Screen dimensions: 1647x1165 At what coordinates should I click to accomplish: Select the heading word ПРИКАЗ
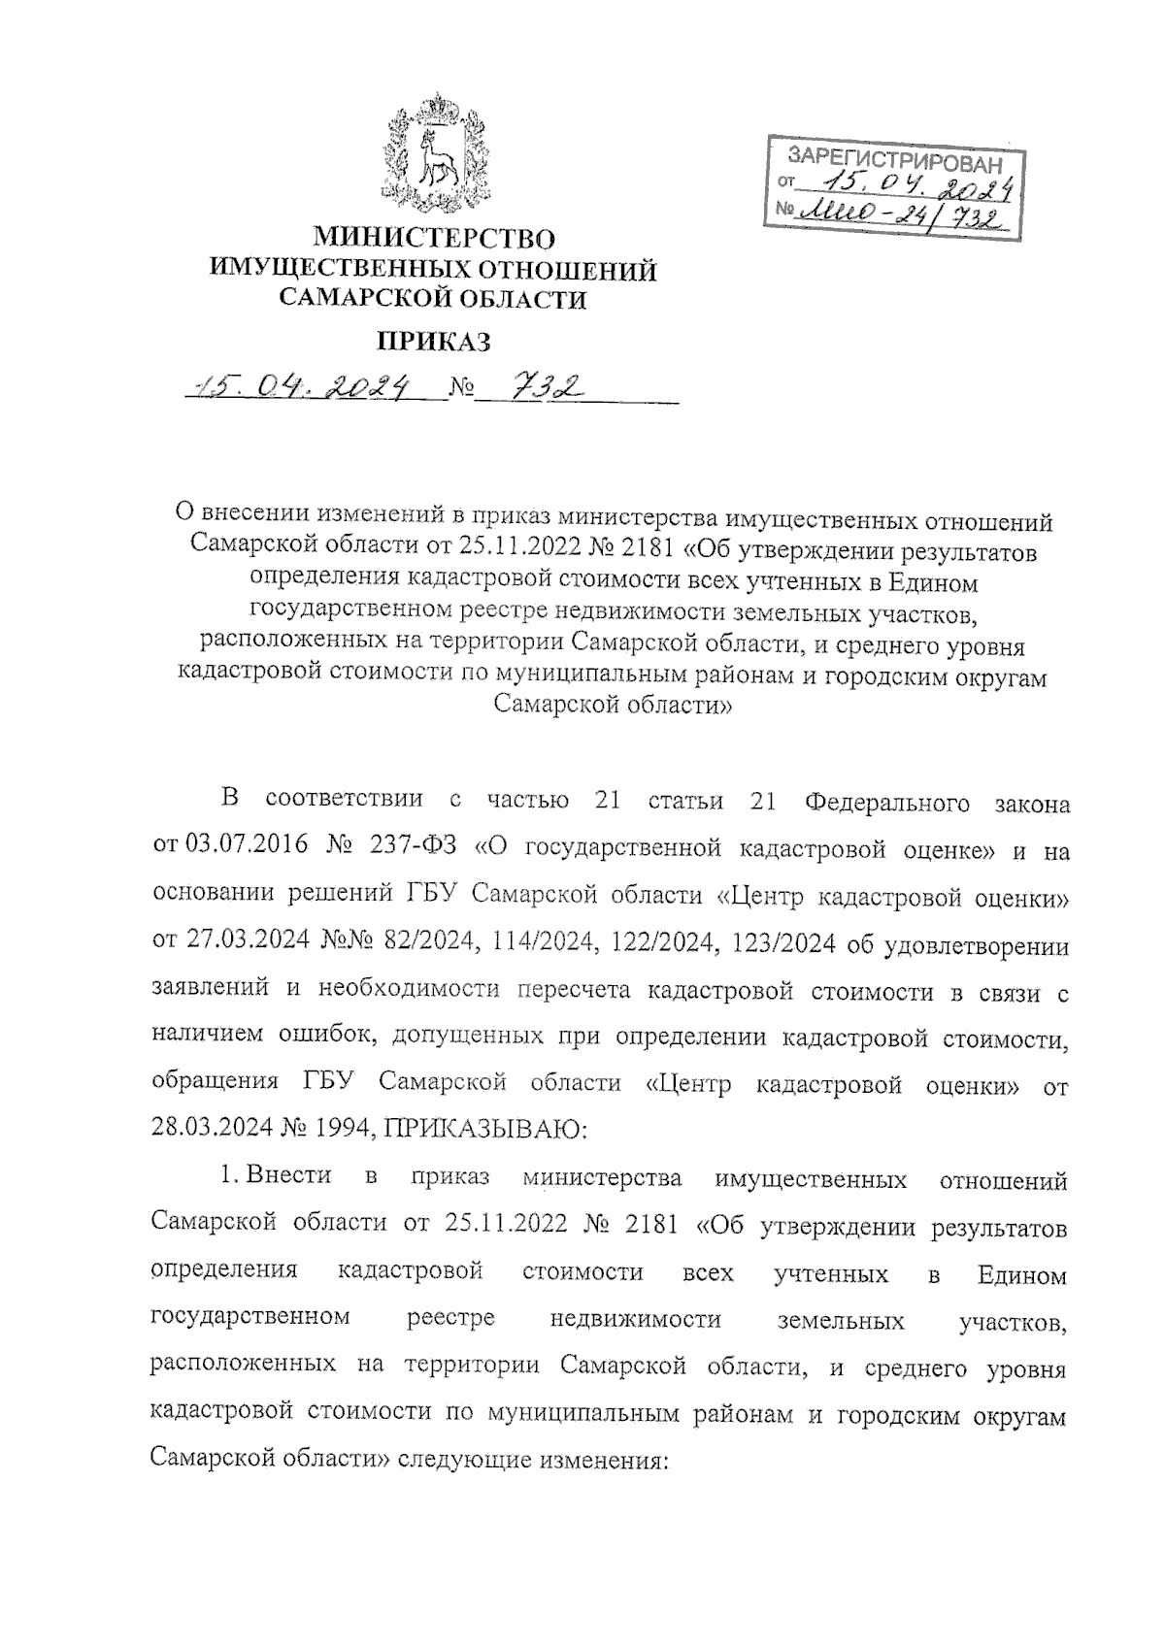pyautogui.click(x=433, y=342)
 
